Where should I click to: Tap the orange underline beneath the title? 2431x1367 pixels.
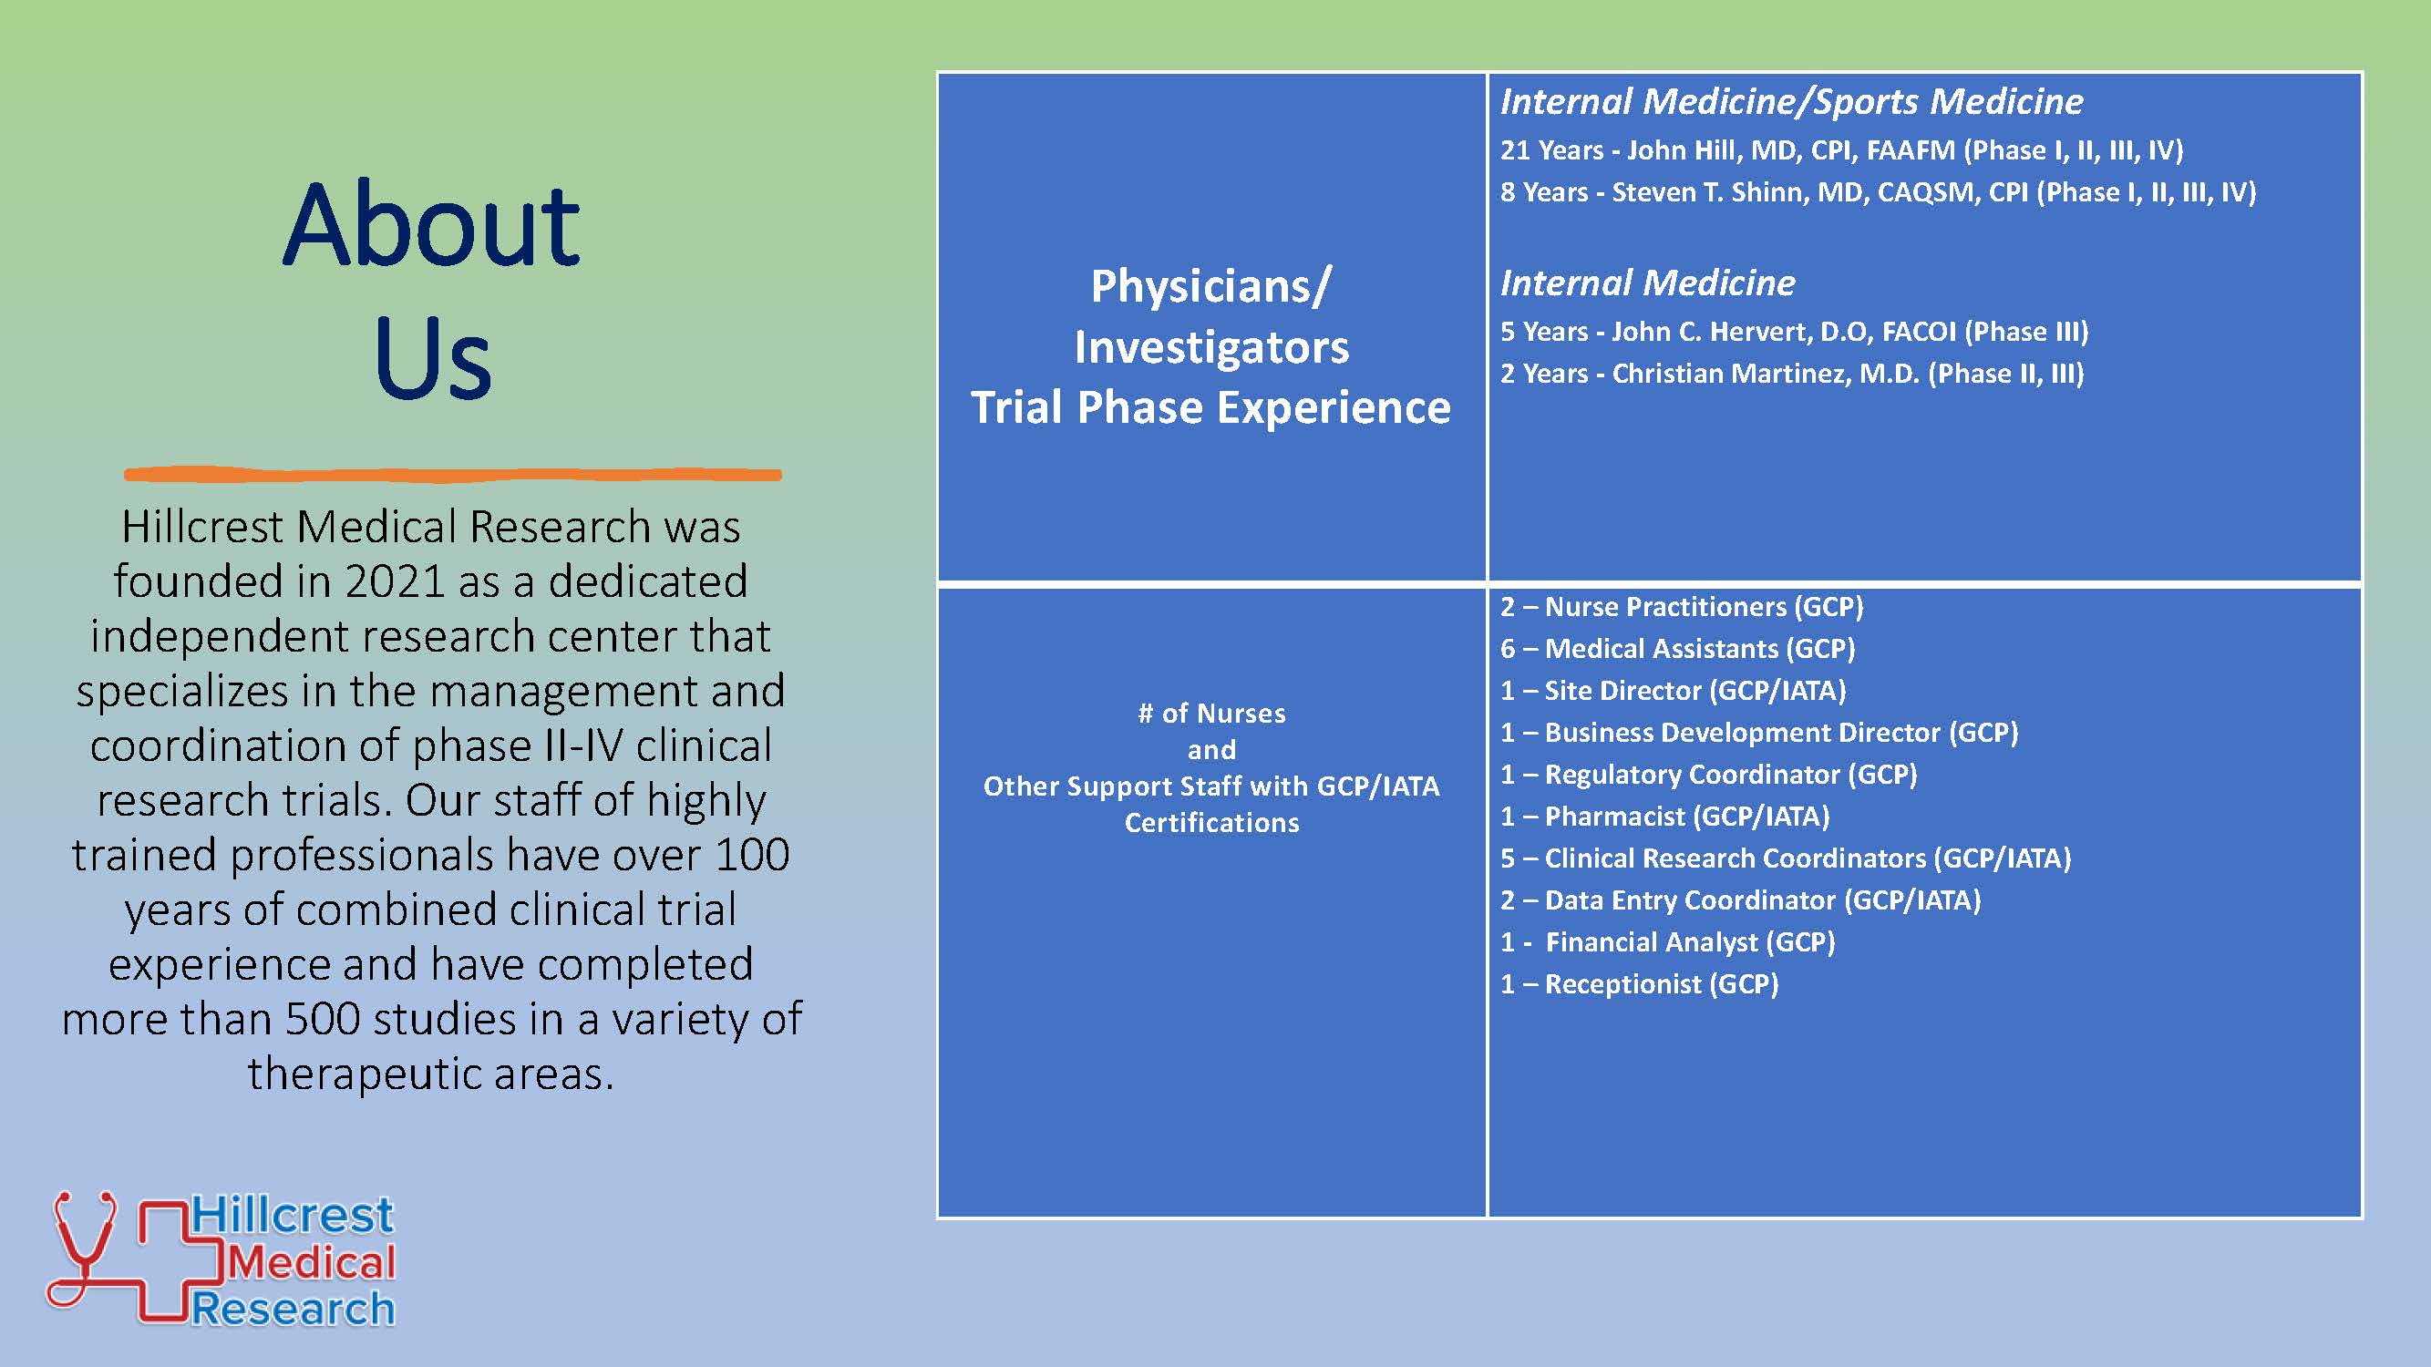click(x=453, y=475)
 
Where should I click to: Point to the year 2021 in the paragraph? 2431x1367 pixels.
click(x=396, y=581)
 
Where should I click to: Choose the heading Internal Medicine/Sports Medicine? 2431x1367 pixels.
click(x=1791, y=102)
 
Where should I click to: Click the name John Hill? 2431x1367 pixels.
click(x=1681, y=150)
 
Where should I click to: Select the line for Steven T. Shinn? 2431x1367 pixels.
click(x=1878, y=192)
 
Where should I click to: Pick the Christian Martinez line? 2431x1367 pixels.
click(x=1792, y=374)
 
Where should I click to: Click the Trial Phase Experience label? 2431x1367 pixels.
click(x=1210, y=407)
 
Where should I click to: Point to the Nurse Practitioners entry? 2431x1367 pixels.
click(x=1682, y=607)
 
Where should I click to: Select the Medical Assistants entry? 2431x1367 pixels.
click(x=1678, y=649)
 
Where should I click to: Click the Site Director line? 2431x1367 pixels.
click(x=1674, y=691)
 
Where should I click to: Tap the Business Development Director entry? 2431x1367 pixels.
click(x=1759, y=733)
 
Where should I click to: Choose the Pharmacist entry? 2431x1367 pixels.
click(x=1664, y=816)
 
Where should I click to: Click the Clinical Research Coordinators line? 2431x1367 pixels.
click(x=1786, y=858)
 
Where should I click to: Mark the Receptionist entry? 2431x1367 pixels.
click(x=1639, y=984)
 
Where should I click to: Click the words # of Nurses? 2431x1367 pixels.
click(x=1211, y=714)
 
